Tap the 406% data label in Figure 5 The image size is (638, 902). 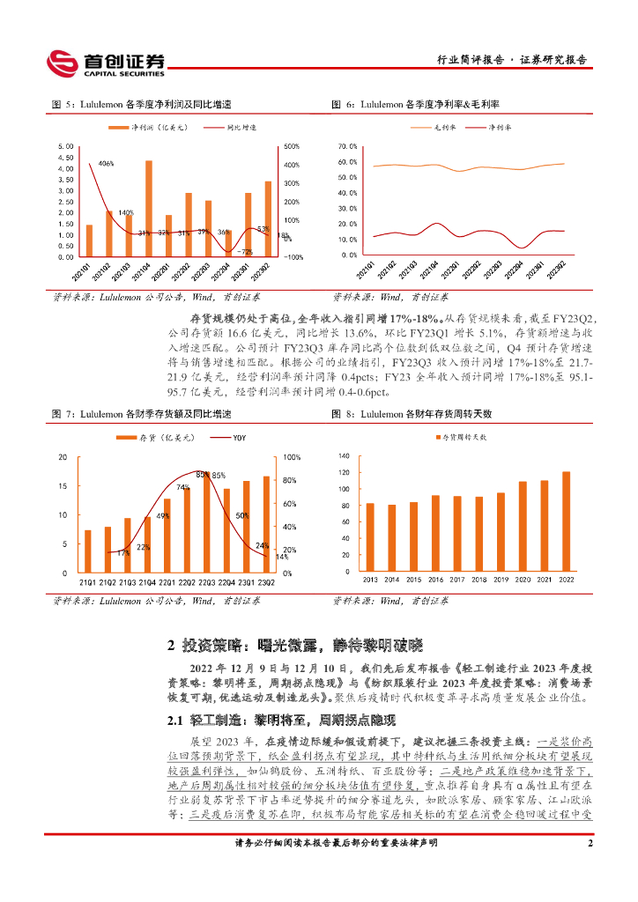[106, 164]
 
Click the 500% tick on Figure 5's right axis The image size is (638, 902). [292, 146]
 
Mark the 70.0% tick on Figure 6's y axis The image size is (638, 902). [347, 146]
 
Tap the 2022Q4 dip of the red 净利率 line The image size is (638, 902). [523, 248]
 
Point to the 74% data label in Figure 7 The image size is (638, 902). [182, 487]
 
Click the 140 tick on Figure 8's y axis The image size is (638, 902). [344, 456]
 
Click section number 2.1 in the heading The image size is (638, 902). [174, 721]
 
